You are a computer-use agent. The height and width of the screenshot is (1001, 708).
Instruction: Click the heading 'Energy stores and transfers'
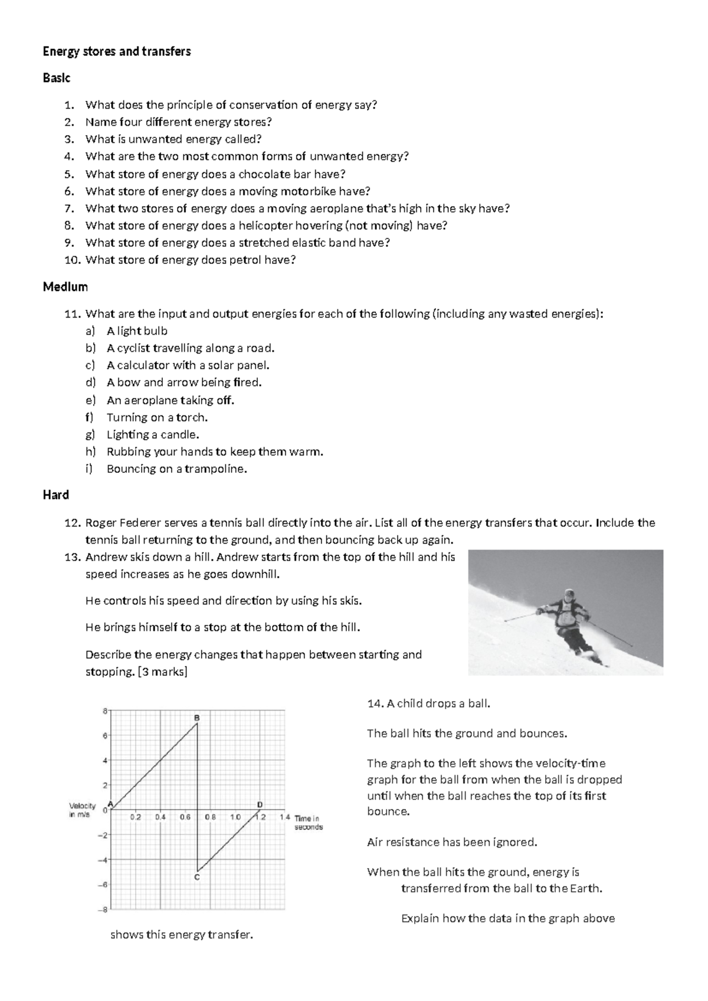117,51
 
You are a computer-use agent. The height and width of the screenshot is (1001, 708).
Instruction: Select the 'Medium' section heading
65,287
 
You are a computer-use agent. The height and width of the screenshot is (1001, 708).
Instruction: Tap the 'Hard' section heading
56,495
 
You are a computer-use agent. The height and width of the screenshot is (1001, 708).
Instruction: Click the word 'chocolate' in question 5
264,174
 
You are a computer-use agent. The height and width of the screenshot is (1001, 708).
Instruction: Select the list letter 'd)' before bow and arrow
90,382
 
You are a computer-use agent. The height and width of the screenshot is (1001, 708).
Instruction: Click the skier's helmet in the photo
568,594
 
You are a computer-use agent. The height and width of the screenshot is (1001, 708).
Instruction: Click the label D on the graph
260,804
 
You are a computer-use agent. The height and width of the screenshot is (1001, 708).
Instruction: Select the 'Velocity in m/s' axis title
83,810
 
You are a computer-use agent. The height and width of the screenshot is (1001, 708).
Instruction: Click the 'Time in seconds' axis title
308,822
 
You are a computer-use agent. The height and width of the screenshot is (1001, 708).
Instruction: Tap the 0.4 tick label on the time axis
160,817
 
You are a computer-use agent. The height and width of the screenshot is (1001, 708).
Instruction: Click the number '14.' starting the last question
375,704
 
